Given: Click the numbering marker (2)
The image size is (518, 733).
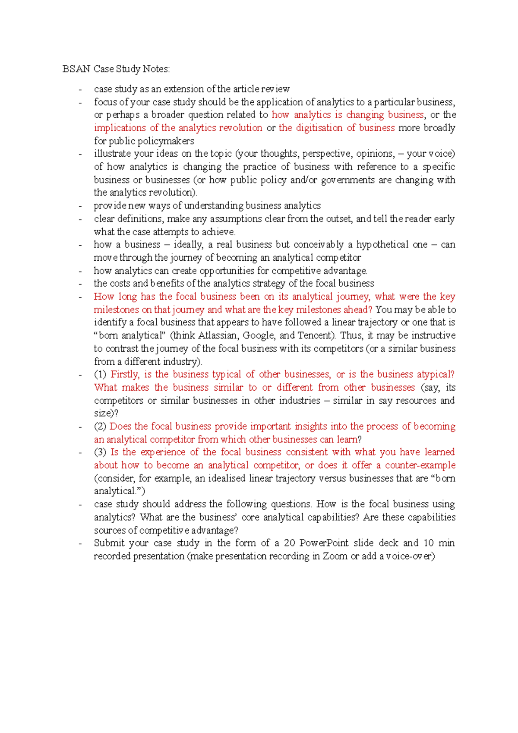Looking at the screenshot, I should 100,427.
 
